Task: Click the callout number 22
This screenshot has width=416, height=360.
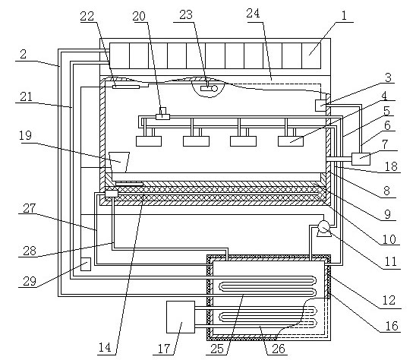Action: tap(87, 16)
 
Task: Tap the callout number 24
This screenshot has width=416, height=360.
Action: tap(253, 13)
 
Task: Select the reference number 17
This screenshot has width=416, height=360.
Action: tap(164, 349)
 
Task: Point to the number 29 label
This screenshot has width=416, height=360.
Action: tap(30, 281)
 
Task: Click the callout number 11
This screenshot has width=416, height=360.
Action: tap(390, 261)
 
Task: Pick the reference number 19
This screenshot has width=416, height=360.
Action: tap(26, 135)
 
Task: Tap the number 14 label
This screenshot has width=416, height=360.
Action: tap(105, 347)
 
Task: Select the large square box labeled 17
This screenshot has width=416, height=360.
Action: tap(181, 317)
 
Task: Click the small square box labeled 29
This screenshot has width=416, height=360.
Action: tap(86, 264)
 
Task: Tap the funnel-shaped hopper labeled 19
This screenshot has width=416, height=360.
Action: tap(119, 162)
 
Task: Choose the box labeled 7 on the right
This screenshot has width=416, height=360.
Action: tap(361, 159)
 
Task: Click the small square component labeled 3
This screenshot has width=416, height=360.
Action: tap(320, 105)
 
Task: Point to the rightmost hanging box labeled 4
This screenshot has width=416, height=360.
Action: tap(291, 141)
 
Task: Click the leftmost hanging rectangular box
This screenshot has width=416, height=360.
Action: tap(149, 141)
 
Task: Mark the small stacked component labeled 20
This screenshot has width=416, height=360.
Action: tap(162, 114)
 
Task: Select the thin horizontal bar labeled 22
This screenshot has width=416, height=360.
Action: tap(126, 87)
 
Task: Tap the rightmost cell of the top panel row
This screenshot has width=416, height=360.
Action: tap(311, 55)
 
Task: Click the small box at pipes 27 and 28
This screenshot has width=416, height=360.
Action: tap(112, 194)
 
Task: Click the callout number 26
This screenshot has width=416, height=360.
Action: tap(279, 349)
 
